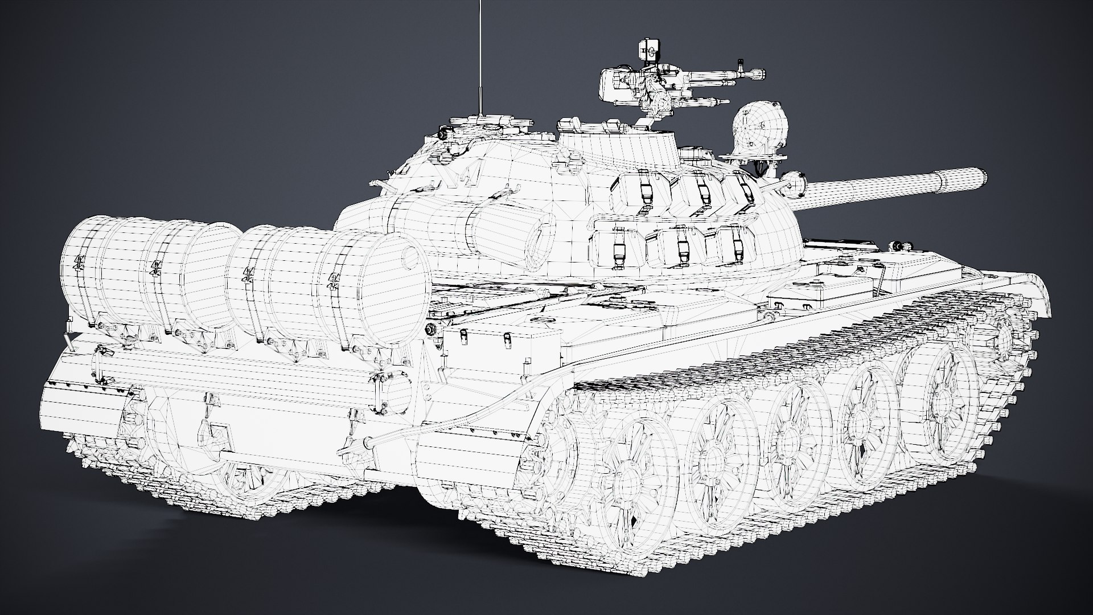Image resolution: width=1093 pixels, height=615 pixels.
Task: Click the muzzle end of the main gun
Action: coord(981,176)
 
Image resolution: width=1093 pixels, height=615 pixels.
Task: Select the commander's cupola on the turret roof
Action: coord(618,148)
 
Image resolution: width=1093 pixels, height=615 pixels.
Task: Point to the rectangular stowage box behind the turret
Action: coord(501,347)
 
